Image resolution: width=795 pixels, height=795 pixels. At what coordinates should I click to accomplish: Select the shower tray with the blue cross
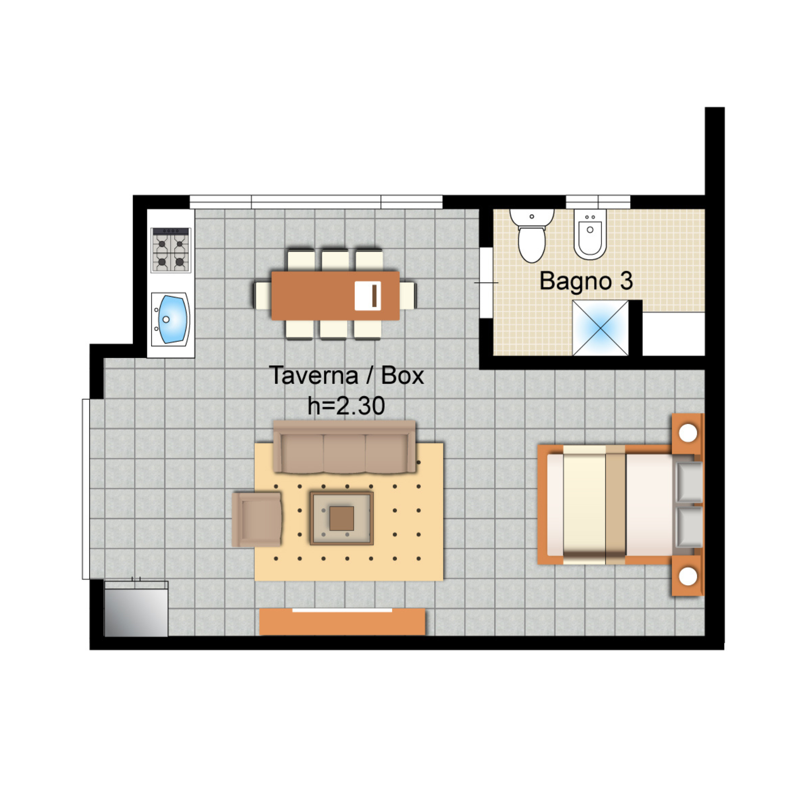(x=600, y=328)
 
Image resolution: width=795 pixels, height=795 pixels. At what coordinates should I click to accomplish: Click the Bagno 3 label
(x=586, y=281)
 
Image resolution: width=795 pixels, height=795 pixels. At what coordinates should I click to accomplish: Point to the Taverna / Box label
(x=347, y=376)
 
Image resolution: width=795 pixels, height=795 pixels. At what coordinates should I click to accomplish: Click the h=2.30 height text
(x=347, y=406)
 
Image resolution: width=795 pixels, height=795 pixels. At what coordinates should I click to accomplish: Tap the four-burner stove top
(x=171, y=250)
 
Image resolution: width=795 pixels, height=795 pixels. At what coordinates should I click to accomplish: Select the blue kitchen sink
(x=173, y=319)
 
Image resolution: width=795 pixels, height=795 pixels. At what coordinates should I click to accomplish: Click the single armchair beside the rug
(x=257, y=520)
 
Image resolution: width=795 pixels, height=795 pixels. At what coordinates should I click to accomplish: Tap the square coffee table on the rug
(x=341, y=518)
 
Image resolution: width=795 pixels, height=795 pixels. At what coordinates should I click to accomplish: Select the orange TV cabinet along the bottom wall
(x=342, y=622)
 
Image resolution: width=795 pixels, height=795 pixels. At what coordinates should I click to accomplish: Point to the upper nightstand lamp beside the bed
(x=688, y=433)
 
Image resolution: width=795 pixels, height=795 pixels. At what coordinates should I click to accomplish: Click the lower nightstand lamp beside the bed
(x=688, y=576)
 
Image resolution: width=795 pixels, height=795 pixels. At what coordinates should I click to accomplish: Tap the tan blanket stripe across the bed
(x=616, y=504)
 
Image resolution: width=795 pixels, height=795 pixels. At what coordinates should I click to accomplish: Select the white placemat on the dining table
(x=367, y=296)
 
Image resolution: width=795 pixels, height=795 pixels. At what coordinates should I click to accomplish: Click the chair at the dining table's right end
(x=408, y=295)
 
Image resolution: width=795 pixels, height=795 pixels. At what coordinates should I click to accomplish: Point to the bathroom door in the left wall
(x=486, y=283)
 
